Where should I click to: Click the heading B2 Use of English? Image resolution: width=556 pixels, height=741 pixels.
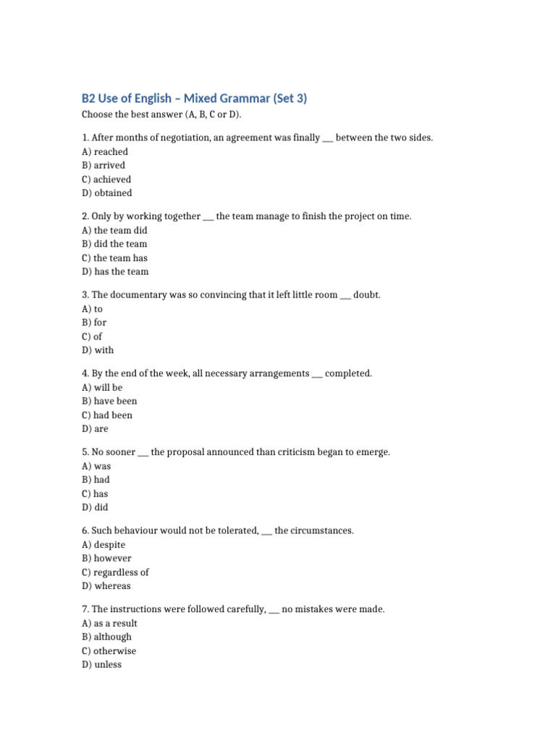coord(194,98)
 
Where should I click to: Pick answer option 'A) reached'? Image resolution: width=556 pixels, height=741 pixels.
coord(105,152)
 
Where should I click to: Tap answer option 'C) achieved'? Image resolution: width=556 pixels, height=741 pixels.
coord(106,179)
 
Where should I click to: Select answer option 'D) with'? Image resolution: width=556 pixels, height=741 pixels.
coord(98,350)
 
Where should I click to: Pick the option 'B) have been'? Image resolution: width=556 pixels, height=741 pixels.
coord(109,401)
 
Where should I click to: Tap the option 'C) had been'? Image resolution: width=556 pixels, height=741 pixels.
coord(107,415)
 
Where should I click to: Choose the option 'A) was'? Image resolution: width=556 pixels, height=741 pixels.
coord(96,466)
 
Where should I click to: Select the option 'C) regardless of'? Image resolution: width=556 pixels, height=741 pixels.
coord(116,572)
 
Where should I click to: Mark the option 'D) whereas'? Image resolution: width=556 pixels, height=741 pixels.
coord(106,586)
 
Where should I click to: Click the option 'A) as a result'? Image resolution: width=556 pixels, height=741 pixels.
coord(110,623)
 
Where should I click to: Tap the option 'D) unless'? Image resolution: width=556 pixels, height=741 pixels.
coord(102,664)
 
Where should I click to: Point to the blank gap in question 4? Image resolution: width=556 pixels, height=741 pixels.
coord(316,374)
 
